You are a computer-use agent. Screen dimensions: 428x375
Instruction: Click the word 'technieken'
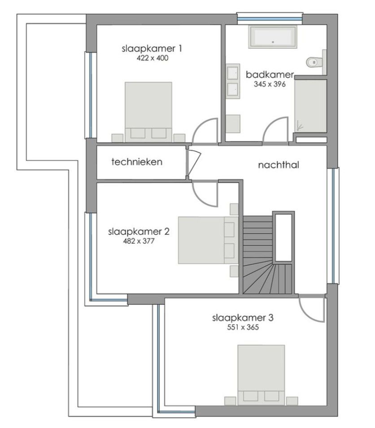tap(136, 161)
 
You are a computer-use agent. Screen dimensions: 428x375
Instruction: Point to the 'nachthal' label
tap(278, 165)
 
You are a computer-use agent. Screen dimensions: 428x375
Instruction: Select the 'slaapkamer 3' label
tap(243, 318)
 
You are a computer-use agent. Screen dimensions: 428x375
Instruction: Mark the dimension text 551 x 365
tap(243, 327)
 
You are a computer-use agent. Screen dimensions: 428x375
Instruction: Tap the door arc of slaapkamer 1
tap(205, 132)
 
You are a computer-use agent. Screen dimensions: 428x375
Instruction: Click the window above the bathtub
tap(270, 19)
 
